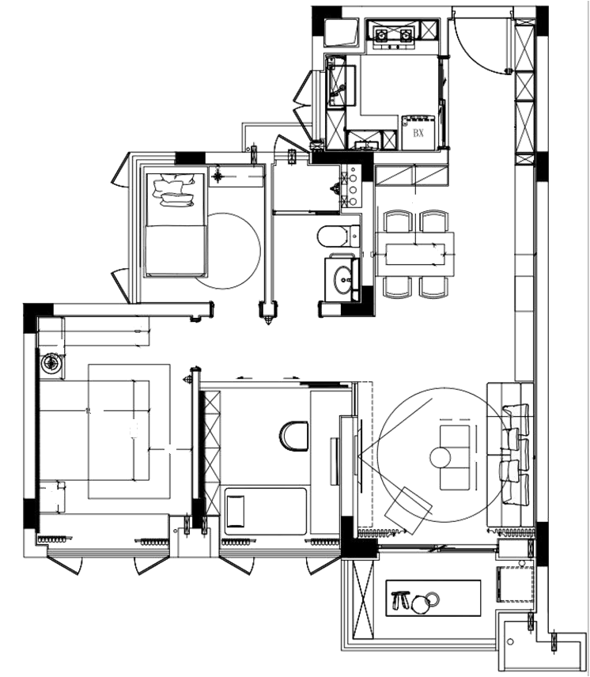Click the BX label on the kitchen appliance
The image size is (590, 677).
[x=418, y=134]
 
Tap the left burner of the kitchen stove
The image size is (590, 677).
[x=381, y=35]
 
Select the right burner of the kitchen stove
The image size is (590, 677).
[x=407, y=35]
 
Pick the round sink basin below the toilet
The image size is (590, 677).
[x=343, y=278]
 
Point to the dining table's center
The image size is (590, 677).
[x=414, y=253]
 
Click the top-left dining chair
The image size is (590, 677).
[x=396, y=221]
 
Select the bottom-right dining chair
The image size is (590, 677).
[x=433, y=286]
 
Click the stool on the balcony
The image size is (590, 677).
[x=400, y=602]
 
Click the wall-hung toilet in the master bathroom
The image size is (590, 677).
[x=293, y=433]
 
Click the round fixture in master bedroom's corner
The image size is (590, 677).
[x=52, y=363]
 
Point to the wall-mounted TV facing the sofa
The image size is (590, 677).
[x=348, y=451]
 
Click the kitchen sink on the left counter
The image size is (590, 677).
[x=338, y=83]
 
